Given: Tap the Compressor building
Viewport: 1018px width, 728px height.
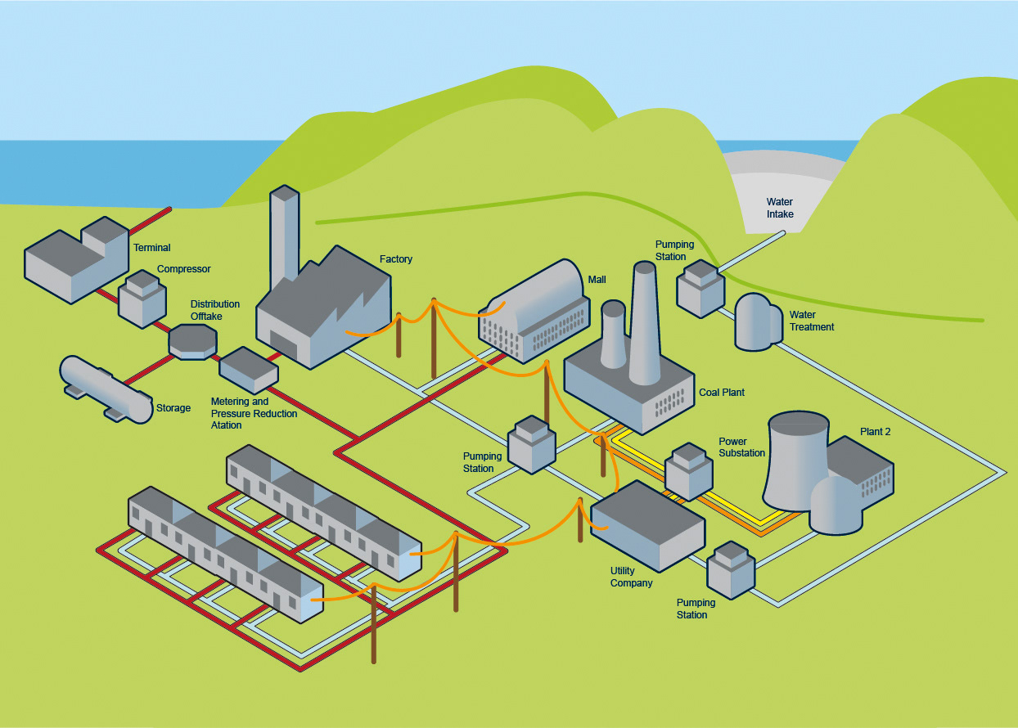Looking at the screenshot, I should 142,301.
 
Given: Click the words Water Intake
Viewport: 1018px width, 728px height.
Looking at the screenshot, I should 780,208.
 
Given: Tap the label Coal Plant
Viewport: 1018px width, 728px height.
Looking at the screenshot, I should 722,393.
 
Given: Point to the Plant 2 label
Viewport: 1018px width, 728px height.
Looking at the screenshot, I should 875,432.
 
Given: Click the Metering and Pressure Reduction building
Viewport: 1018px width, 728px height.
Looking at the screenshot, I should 249,370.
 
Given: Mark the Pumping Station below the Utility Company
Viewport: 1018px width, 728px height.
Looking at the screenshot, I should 731,569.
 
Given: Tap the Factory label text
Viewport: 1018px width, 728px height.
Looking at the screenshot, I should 396,259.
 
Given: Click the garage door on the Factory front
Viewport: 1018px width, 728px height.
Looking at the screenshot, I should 284,345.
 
